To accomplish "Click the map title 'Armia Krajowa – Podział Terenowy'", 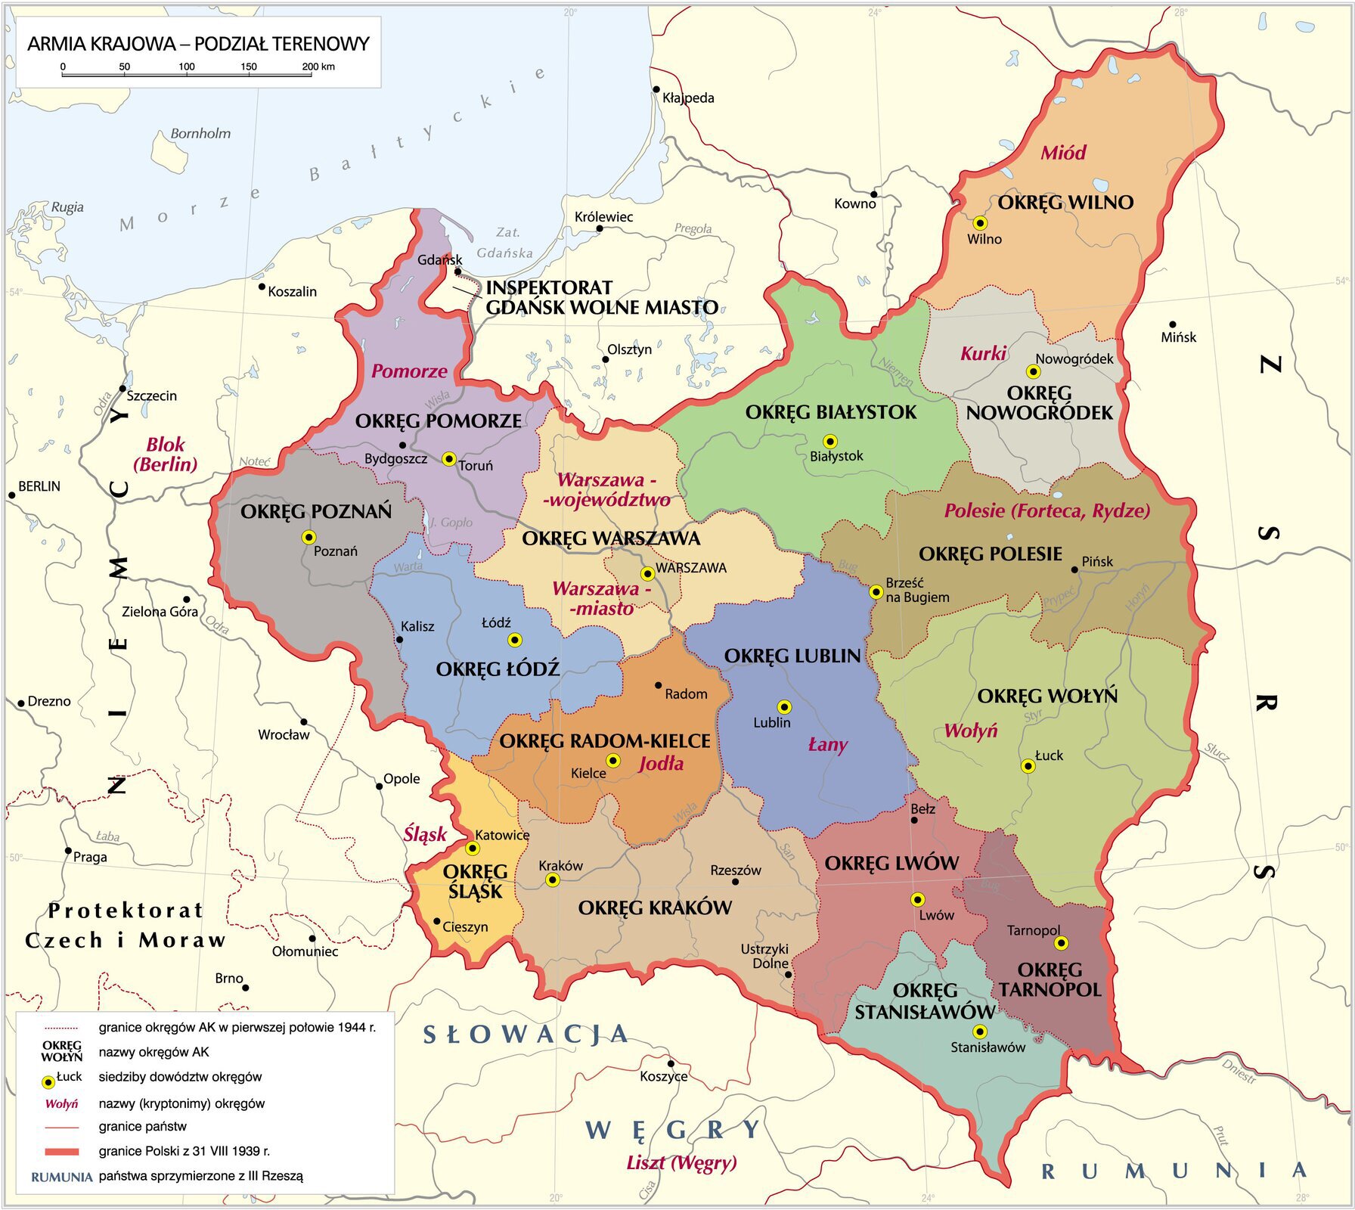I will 198,43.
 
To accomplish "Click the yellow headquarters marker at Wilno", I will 980,223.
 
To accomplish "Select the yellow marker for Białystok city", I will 830,441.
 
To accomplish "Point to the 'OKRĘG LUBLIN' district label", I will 792,656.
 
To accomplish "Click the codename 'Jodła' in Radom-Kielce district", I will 661,763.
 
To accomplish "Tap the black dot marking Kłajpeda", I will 656,89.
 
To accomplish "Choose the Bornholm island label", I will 200,133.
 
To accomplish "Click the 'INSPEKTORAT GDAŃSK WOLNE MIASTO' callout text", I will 601,297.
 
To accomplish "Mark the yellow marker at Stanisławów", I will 980,1032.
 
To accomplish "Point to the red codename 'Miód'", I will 1063,153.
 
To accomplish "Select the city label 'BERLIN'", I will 39,486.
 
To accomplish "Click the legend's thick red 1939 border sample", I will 61,1152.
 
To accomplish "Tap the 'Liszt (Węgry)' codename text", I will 681,1162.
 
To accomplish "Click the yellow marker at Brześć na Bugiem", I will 876,591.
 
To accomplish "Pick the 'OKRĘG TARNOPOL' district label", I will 1050,979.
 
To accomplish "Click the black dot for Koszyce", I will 670,1063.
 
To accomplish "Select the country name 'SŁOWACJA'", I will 526,1034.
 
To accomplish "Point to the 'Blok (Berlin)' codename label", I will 166,455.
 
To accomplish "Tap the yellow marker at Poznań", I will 309,537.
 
